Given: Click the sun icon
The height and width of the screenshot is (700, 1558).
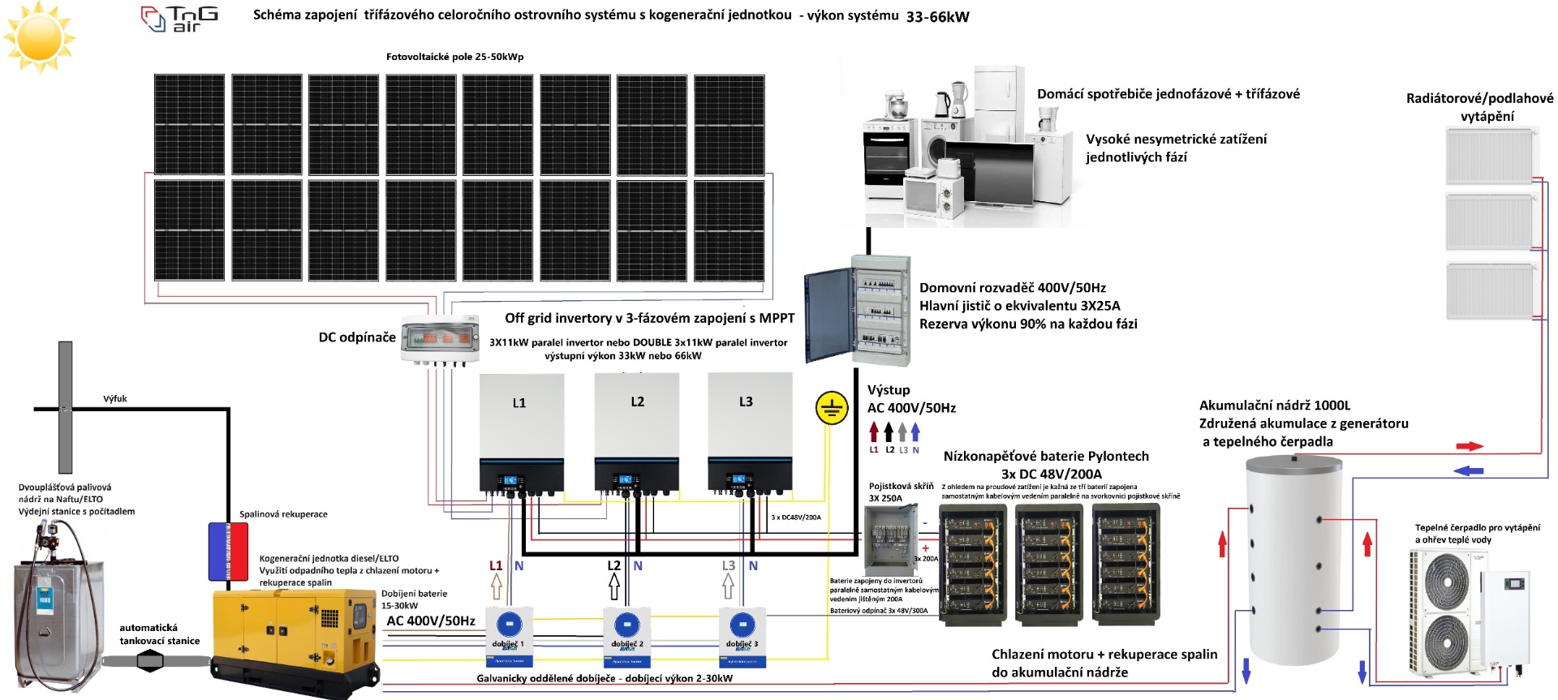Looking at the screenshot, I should point(39,37).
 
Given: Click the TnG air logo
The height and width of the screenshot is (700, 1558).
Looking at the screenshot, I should point(180,19).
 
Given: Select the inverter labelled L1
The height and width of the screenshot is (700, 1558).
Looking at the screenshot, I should point(521,434).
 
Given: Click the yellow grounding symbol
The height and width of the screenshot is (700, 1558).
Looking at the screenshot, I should point(831,408).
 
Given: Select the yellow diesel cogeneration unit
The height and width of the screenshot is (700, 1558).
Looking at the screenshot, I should point(294,637).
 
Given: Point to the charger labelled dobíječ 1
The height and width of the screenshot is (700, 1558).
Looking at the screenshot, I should point(509,638).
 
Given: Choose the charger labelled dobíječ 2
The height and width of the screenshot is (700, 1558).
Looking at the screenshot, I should point(626,638).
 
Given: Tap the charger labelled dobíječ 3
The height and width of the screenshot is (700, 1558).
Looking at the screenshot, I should point(742,638).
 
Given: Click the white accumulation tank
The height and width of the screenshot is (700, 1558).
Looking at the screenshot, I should point(1293,560).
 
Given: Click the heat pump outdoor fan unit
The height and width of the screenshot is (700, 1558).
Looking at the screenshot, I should point(1448,608).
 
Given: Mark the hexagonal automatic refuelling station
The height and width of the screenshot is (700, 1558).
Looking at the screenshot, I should point(150,661).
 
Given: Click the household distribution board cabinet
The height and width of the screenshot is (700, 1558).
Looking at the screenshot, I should point(859,311).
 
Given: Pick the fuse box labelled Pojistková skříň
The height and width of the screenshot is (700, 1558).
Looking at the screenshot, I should point(890,539).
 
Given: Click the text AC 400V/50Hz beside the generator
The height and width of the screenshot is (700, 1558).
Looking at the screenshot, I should point(431,621).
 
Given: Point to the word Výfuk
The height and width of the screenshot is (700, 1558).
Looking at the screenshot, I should point(115,399).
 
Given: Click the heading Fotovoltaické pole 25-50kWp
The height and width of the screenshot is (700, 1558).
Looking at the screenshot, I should point(454,57).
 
